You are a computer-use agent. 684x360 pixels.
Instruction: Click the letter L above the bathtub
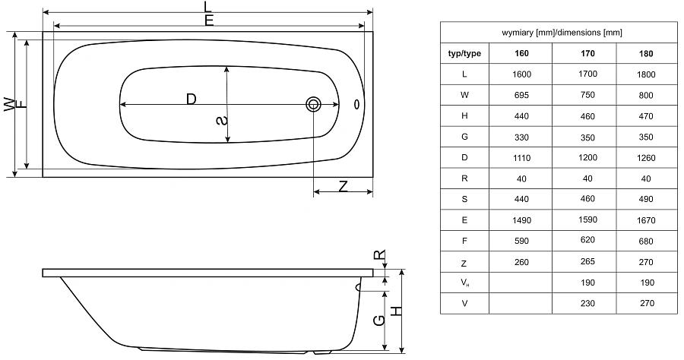pos(208,7)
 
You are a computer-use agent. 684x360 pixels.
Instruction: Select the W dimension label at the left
pos(8,105)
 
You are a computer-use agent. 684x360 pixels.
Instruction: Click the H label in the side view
pos(396,311)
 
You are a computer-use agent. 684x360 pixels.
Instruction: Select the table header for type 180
pos(647,54)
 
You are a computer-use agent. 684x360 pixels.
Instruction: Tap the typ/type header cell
pos(464,54)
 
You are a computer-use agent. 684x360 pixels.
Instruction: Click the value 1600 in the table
pos(522,74)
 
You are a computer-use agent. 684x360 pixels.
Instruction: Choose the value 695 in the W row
pos(522,95)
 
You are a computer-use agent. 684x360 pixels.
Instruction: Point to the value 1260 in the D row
pos(647,157)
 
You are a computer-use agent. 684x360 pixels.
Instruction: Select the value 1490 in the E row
pos(522,219)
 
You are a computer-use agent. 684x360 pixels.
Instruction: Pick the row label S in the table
pos(464,199)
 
